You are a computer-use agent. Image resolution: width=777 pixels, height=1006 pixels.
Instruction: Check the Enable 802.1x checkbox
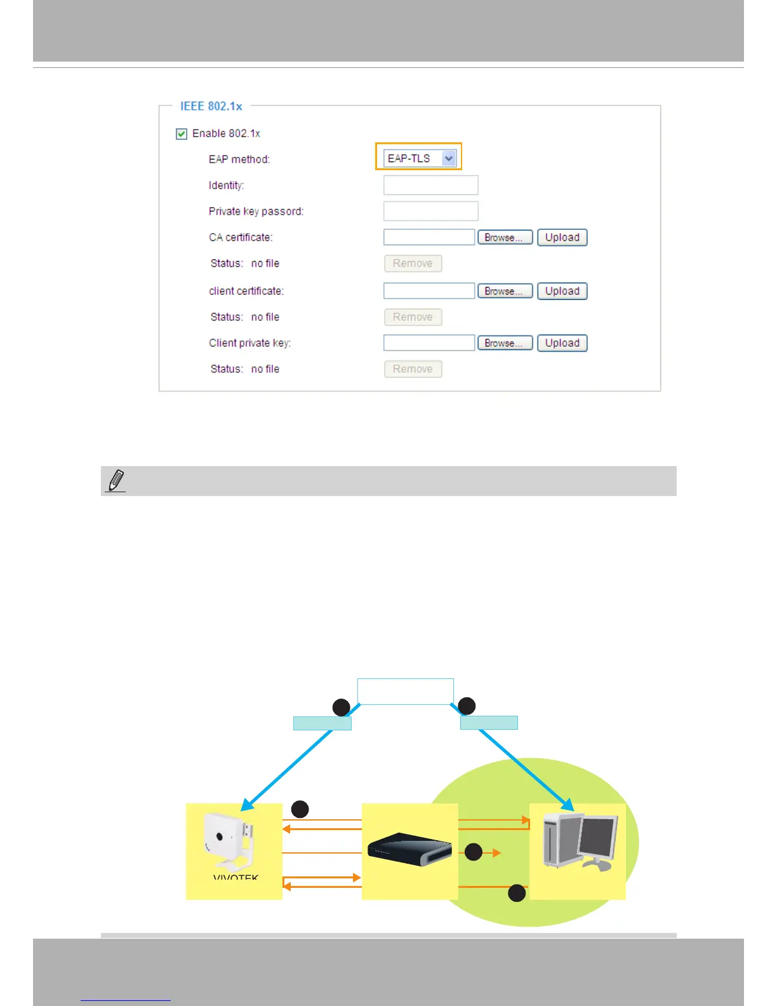point(182,133)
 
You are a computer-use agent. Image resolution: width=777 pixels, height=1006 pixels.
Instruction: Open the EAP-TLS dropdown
point(420,158)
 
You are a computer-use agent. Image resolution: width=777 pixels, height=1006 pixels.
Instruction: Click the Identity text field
point(430,185)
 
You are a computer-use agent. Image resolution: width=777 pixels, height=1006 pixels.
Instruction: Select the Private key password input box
point(430,211)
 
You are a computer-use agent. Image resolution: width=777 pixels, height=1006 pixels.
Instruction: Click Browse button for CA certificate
point(505,238)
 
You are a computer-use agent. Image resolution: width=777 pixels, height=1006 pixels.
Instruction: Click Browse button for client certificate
point(505,291)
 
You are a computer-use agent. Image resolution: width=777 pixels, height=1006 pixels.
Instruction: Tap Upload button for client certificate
point(562,291)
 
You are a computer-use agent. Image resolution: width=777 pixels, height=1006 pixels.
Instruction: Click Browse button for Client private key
point(505,343)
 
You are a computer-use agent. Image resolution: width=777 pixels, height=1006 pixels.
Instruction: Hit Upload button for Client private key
point(562,343)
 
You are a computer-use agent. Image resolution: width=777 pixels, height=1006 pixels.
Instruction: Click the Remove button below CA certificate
point(413,264)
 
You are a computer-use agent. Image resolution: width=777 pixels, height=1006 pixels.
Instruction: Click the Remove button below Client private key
point(413,369)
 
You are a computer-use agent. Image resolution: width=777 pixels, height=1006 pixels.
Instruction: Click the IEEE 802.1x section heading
point(211,106)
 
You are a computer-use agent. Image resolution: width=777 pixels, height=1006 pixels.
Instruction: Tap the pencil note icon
point(116,481)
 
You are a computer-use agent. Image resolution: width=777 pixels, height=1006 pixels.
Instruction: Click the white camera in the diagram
point(229,842)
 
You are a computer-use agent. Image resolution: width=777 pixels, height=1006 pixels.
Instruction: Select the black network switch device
point(409,849)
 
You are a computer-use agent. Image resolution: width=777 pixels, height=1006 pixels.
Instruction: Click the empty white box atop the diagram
point(405,691)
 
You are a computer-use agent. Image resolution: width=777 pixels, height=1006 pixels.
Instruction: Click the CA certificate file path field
point(429,238)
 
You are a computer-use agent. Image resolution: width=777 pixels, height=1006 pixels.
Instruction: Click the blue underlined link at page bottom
point(126,999)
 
